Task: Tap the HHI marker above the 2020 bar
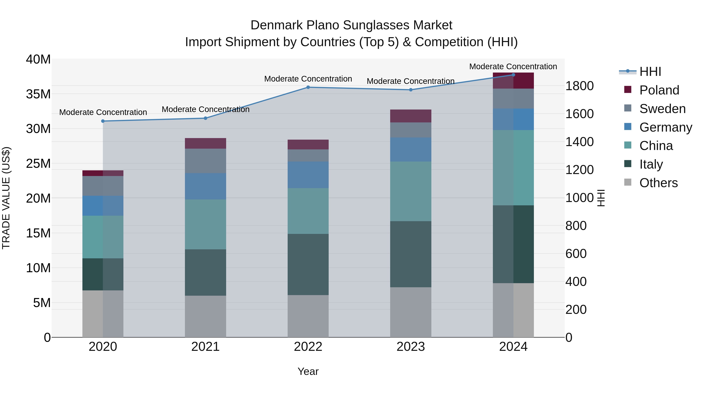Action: click(103, 121)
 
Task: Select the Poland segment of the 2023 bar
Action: click(410, 116)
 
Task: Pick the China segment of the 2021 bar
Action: click(205, 224)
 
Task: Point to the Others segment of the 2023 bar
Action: click(410, 312)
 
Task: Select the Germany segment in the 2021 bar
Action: click(205, 186)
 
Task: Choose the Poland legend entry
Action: click(659, 90)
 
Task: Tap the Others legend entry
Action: click(658, 183)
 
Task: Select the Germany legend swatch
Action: click(628, 127)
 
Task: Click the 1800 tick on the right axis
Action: click(579, 86)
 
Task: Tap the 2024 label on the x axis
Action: click(513, 347)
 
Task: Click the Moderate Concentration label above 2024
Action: click(513, 66)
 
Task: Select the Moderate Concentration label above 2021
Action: click(205, 109)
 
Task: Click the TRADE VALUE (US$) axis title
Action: click(6, 198)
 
